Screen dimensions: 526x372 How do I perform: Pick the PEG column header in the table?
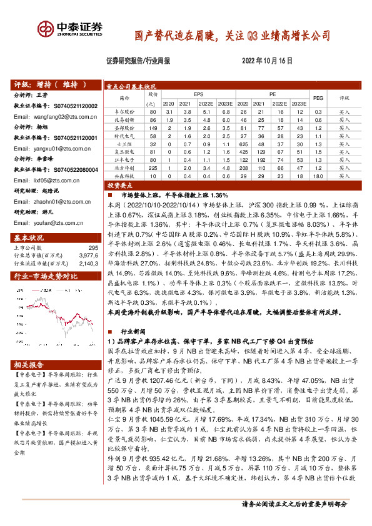click(318, 98)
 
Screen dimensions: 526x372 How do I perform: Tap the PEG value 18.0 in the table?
click(318, 177)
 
